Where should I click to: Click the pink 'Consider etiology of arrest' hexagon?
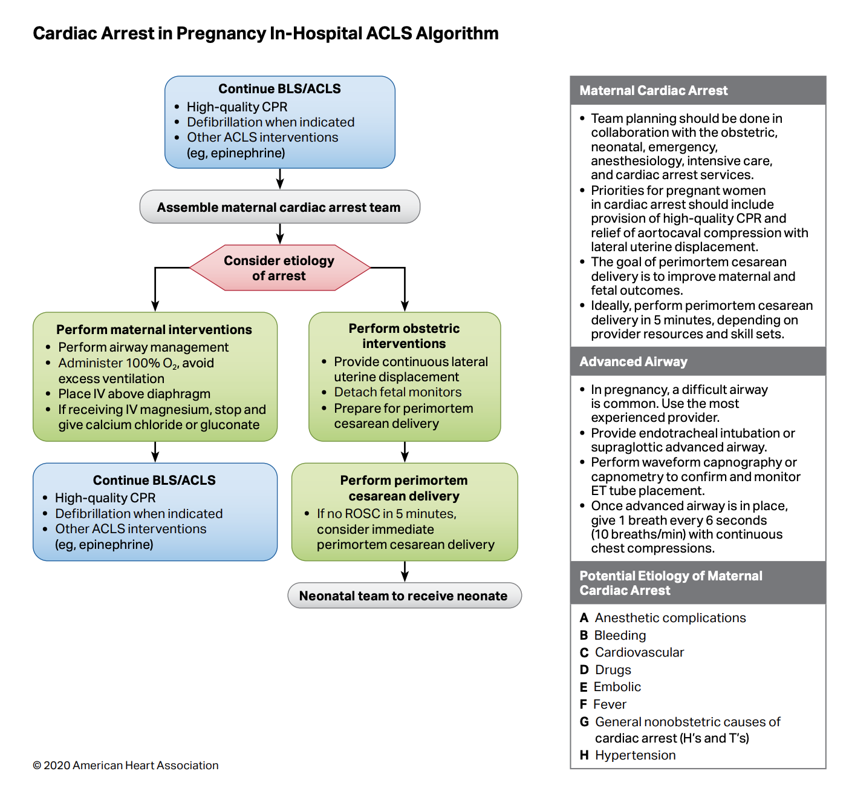tap(279, 268)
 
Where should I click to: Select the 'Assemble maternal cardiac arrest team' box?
tap(279, 208)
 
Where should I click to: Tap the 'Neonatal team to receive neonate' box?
tap(403, 596)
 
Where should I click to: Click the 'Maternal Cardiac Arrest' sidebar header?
tap(654, 91)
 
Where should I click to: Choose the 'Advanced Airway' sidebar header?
tap(633, 362)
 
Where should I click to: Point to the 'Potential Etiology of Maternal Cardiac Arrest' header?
tap(671, 583)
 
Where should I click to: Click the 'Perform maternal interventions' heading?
tap(154, 330)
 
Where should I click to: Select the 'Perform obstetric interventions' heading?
tap(404, 336)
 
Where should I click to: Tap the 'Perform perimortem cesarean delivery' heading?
tap(404, 488)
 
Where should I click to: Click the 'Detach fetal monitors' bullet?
tap(397, 392)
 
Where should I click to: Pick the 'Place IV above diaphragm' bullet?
tap(134, 394)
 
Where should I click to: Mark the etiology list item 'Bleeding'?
tap(620, 635)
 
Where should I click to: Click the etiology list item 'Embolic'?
tap(617, 687)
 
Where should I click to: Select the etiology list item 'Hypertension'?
tap(635, 755)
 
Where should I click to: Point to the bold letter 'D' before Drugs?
tap(584, 670)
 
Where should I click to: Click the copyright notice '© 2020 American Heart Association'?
tap(126, 766)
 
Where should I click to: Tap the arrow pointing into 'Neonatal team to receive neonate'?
tap(405, 572)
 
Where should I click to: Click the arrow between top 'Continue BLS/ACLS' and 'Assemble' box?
tap(279, 179)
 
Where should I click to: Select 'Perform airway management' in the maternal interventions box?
tap(143, 347)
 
